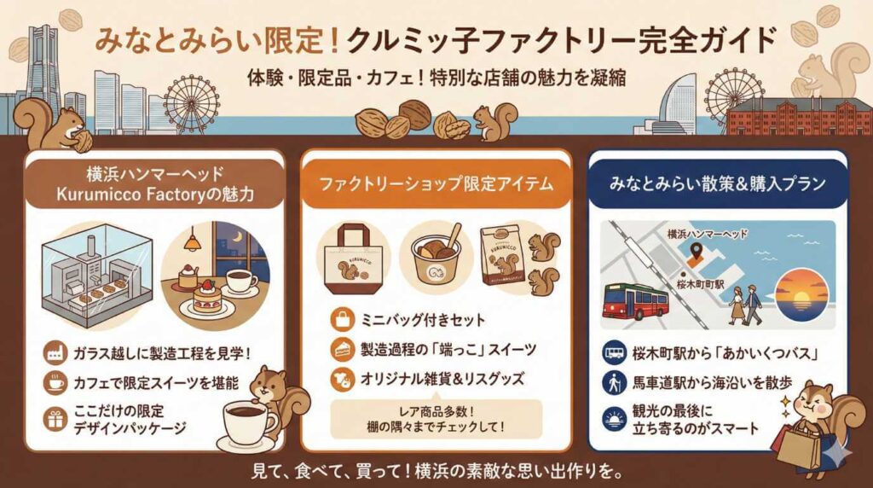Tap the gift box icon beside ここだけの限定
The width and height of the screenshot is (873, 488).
57,418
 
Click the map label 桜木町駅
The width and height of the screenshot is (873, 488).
701,281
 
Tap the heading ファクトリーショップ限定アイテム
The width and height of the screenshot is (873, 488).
436,183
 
